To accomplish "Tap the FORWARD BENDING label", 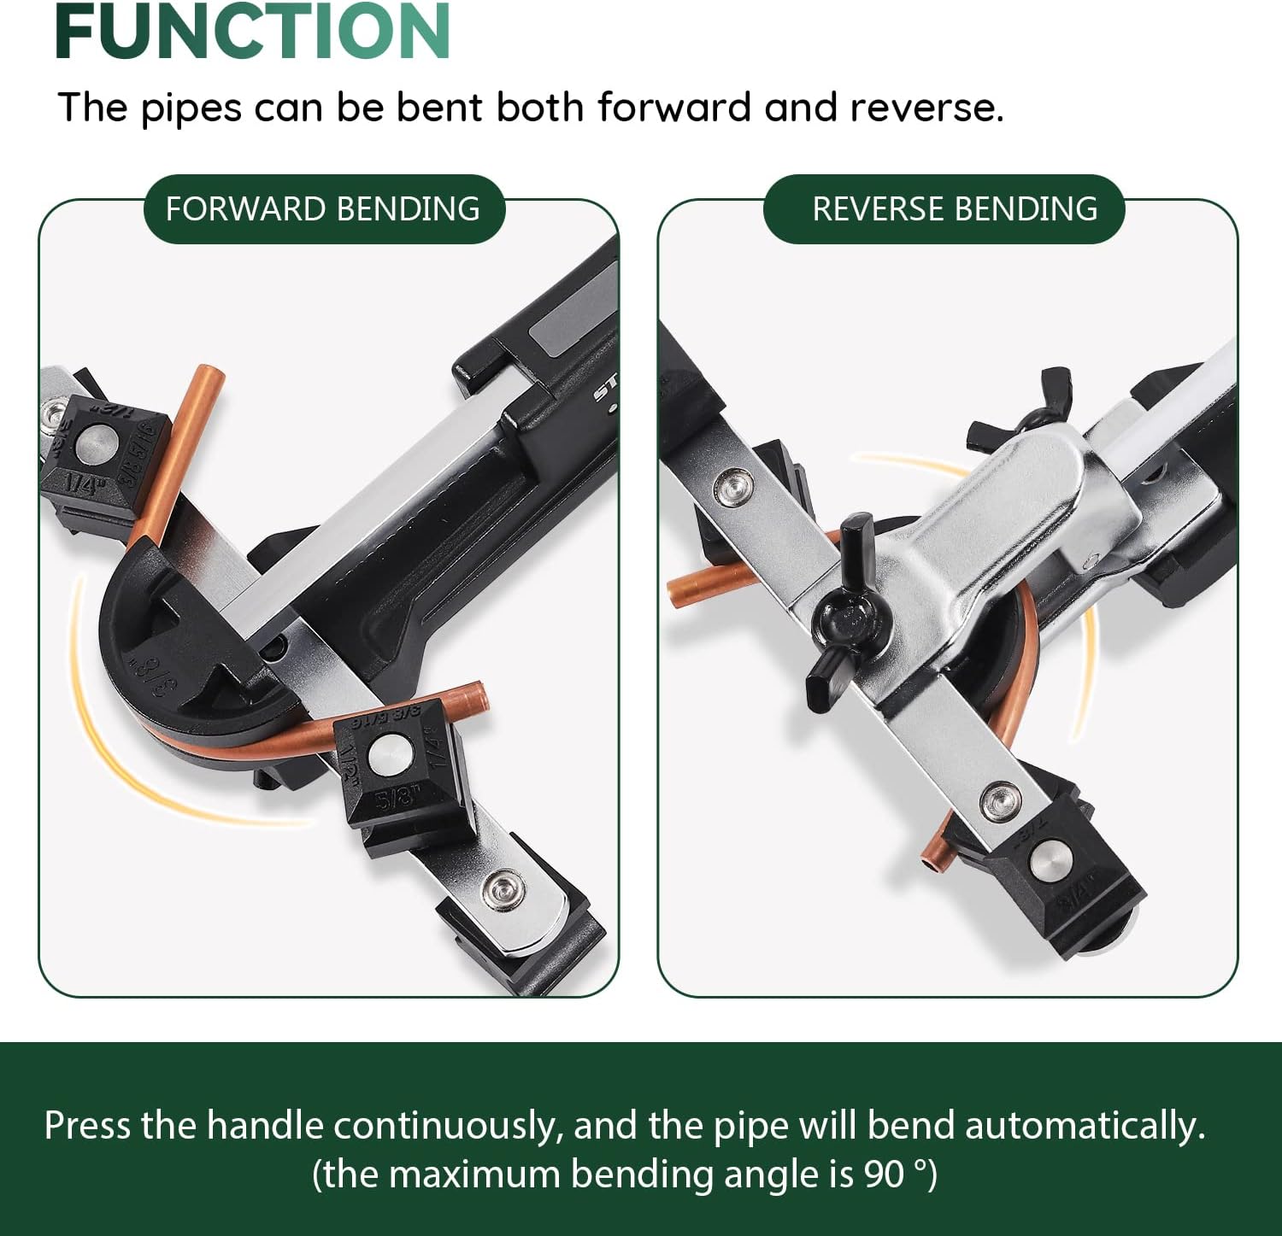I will pos(323,209).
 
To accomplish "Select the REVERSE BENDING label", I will pos(955,209).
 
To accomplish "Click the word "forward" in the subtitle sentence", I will pos(674,108).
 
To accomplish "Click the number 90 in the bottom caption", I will pos(883,1174).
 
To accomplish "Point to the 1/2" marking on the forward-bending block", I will pos(350,757).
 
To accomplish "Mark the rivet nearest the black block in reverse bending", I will pos(1000,800).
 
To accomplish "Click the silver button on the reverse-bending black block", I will pos(1048,858).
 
